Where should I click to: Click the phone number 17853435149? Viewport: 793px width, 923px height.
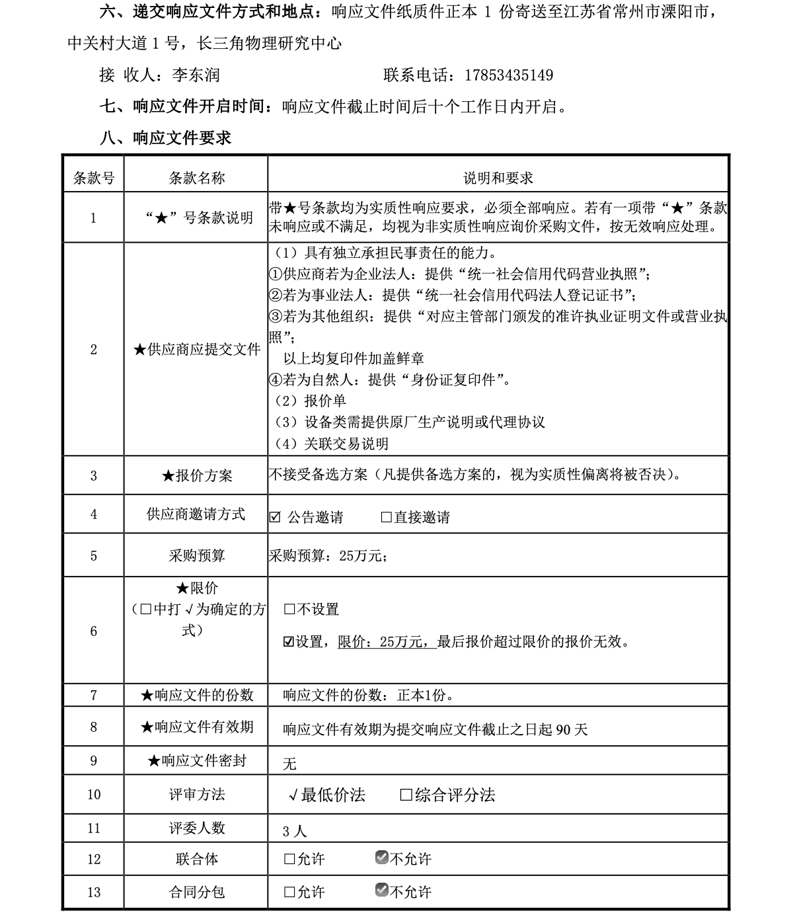pos(509,75)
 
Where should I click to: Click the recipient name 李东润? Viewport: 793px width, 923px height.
pos(196,75)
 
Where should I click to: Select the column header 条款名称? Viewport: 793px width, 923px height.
pos(196,178)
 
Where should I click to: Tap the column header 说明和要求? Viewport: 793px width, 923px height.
pos(498,178)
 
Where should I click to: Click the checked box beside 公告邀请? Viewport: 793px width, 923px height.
pos(275,517)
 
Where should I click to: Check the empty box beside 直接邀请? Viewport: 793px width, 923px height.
pos(387,517)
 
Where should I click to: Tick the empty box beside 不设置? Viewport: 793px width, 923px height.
pos(289,609)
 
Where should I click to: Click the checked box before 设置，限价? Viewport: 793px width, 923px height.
pos(289,641)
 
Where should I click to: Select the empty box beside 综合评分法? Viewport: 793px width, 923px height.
pos(406,795)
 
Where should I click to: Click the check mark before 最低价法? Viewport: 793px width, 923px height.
pos(293,795)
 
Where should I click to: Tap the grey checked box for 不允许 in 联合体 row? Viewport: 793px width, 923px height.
pos(381,858)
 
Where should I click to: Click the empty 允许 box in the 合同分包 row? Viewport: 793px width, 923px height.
pos(289,892)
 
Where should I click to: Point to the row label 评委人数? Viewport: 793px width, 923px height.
pos(196,828)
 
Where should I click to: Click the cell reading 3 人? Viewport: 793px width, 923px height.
pos(295,831)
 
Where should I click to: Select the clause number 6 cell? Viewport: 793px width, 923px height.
pos(93,631)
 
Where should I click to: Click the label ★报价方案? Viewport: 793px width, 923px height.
pos(196,475)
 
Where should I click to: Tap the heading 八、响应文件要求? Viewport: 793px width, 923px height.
pos(165,138)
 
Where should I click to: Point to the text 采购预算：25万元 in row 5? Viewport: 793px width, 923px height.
pos(326,556)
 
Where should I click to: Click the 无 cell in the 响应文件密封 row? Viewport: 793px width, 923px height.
pos(289,764)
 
